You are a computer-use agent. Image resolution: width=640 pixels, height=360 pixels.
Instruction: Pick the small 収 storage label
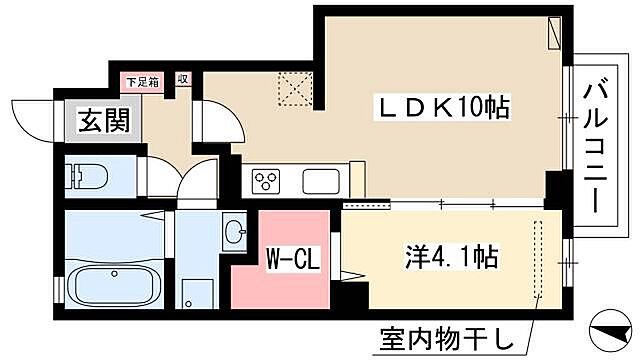coord(184,77)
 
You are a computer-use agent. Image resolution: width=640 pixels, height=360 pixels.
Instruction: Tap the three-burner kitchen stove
coord(268,181)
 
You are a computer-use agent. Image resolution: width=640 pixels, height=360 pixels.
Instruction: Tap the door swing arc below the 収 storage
coord(220,120)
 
